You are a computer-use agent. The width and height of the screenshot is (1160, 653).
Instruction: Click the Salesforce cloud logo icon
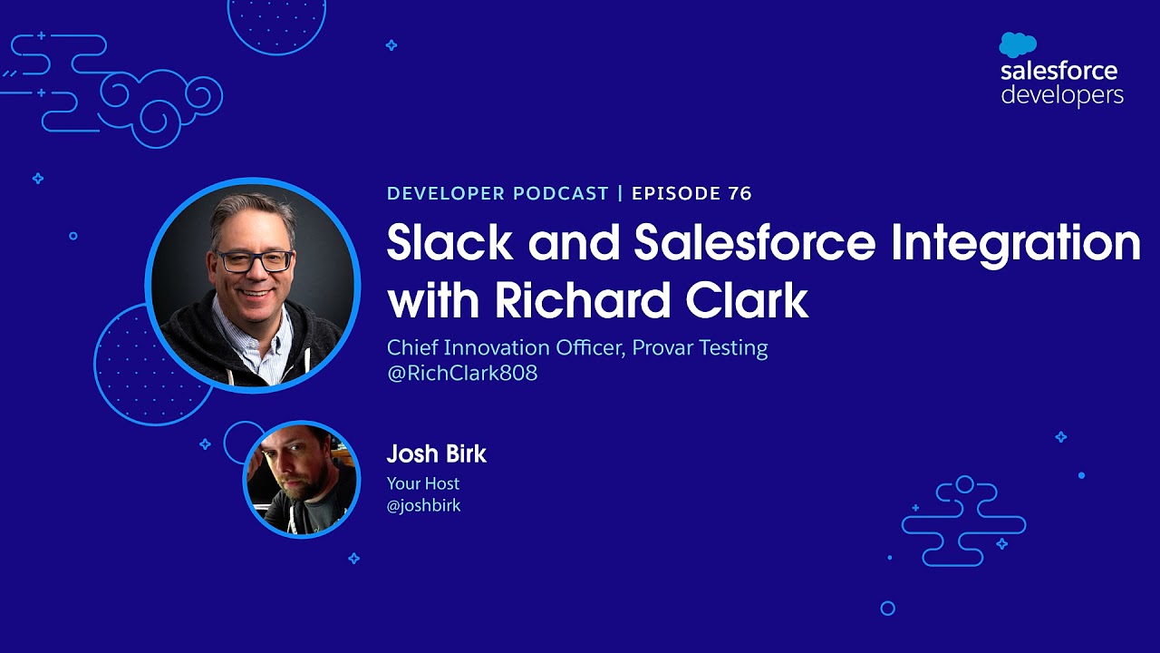1018,44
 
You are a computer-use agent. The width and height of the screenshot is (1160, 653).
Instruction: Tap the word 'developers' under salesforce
1062,94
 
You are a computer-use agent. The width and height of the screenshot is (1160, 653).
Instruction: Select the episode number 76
739,193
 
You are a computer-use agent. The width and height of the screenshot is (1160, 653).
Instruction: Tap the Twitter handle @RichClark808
462,373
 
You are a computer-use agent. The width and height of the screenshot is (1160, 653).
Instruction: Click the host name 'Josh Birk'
437,453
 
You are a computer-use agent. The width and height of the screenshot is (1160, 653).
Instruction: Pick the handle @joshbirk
424,506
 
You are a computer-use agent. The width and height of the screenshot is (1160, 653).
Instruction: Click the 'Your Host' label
423,483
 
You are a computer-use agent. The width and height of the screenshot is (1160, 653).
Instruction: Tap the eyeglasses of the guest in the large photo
253,261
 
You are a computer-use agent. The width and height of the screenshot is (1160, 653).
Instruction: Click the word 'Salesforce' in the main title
755,242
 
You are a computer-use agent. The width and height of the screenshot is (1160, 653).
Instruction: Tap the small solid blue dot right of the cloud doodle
1081,474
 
